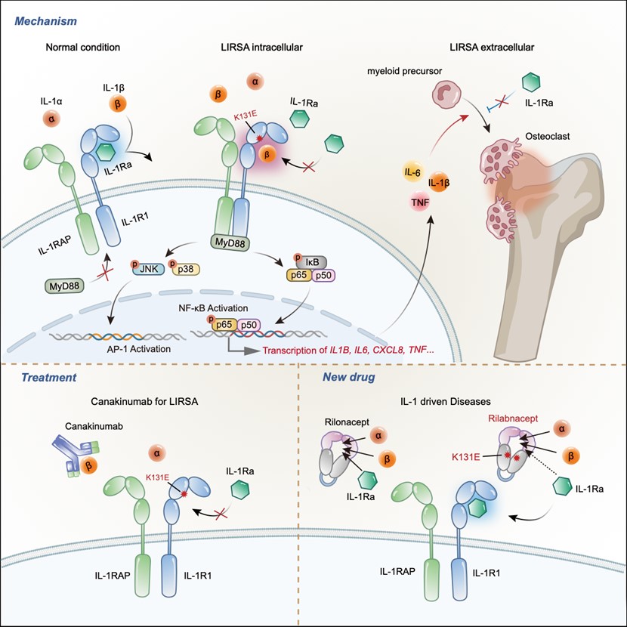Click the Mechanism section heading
[45, 21]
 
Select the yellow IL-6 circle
[412, 173]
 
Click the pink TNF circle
[420, 202]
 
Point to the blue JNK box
[147, 270]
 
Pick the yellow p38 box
[186, 270]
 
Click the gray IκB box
[311, 263]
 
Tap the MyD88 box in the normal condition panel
[64, 286]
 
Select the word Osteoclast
[548, 136]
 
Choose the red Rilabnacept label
[513, 419]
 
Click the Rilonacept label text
[347, 422]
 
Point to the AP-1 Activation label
[139, 349]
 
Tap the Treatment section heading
[49, 378]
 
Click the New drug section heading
[349, 377]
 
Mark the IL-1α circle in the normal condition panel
[51, 119]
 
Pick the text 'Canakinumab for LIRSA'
[144, 401]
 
